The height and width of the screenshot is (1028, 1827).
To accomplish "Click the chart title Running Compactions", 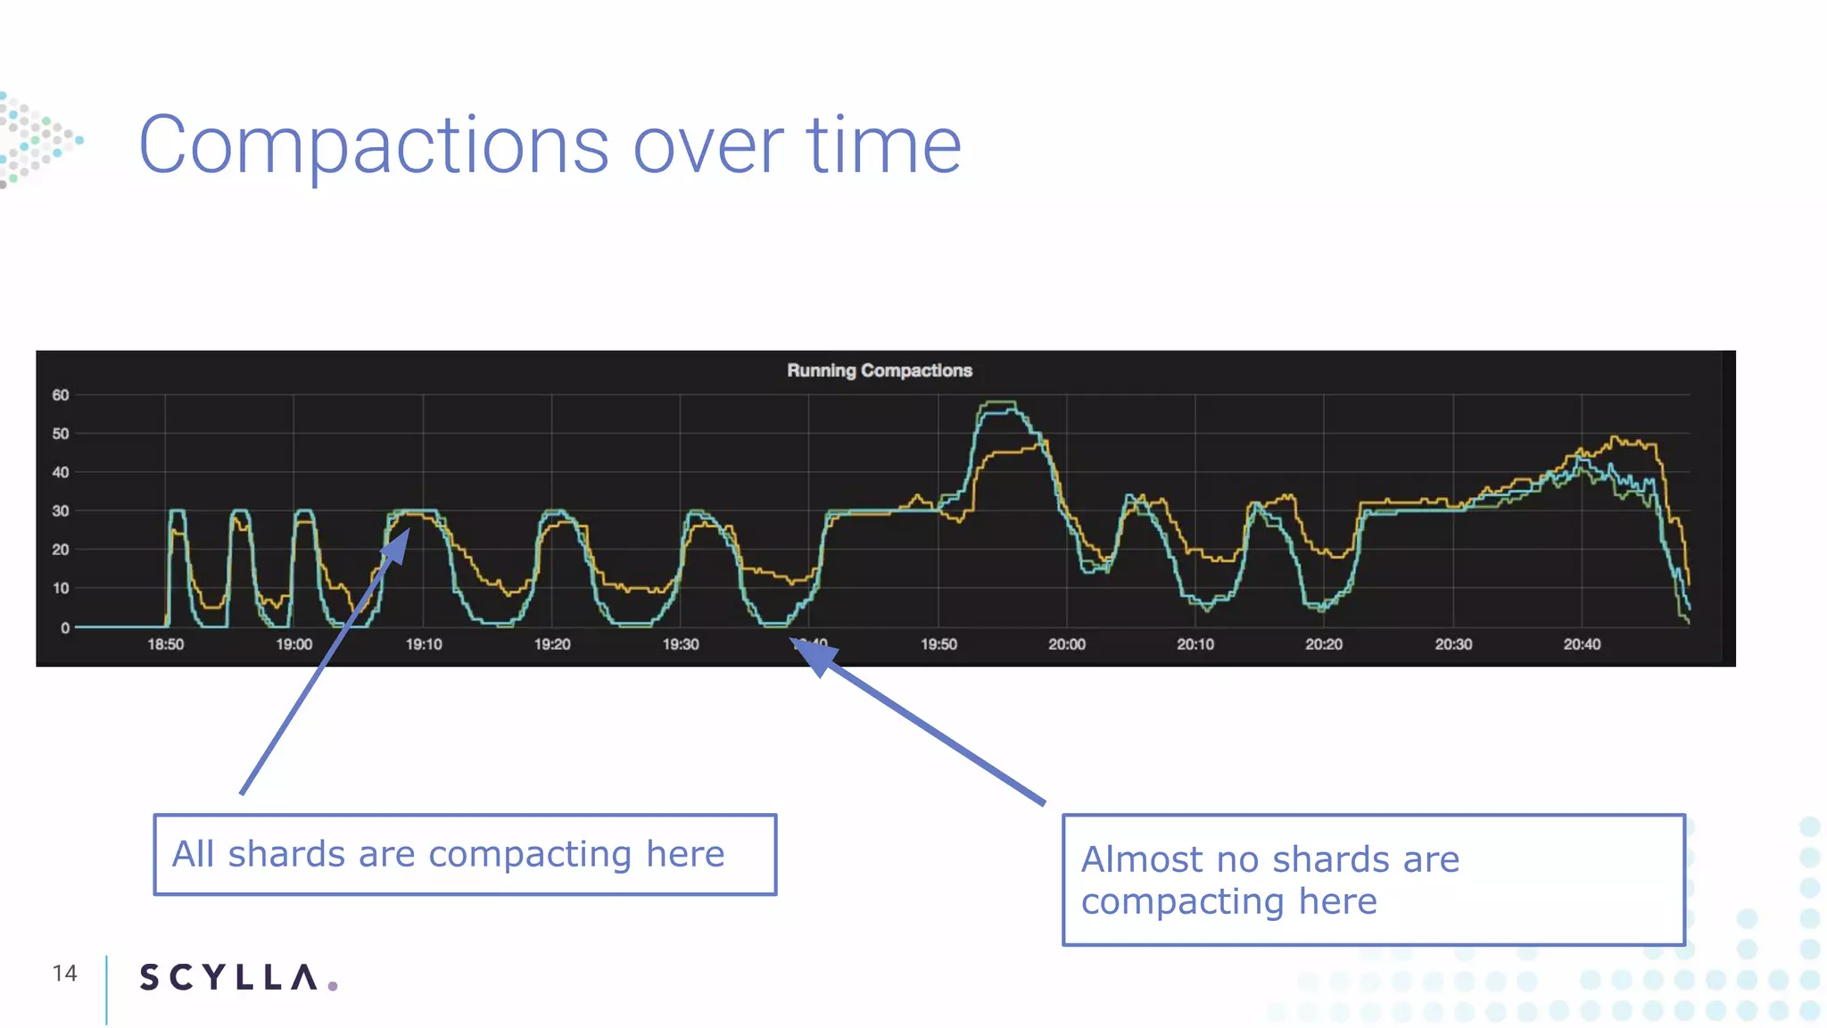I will [879, 370].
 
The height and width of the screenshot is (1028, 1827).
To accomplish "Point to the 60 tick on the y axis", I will [61, 395].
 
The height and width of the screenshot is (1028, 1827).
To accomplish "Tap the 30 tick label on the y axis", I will [61, 511].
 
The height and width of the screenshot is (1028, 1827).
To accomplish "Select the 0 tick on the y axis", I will [65, 628].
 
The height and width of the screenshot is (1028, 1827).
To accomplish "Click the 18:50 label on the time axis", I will [165, 644].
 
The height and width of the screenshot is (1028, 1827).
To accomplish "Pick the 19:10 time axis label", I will [424, 644].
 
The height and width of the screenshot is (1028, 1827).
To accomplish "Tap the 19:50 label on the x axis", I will [938, 644].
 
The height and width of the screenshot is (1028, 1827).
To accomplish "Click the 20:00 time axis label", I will [1067, 644].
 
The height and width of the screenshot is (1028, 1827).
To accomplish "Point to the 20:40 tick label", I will [1582, 644].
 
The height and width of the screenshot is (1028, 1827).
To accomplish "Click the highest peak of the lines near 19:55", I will [999, 402].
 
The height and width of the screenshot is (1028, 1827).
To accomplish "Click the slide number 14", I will [64, 974].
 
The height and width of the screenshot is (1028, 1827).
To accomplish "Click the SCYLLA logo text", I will [229, 977].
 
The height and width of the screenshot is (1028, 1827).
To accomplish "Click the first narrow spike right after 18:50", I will [177, 512].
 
